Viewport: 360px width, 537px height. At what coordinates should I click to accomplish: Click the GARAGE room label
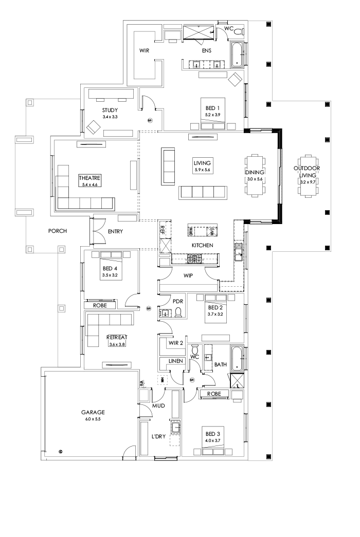(x=93, y=412)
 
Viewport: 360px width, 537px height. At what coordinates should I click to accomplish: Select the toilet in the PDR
(x=178, y=313)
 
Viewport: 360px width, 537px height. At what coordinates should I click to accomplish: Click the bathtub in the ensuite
(x=237, y=55)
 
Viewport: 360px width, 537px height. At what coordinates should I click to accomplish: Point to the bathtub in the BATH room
(x=237, y=358)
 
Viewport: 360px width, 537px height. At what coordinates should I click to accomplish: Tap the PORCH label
(x=58, y=231)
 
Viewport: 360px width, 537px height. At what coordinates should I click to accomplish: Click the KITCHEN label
(x=202, y=245)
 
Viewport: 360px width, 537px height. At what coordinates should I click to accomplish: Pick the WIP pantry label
(x=188, y=275)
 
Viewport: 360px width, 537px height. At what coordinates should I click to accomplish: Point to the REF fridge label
(x=163, y=229)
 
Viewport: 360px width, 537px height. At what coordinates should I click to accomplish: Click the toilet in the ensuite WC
(x=238, y=31)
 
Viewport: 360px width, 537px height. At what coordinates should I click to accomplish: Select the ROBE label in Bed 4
(x=100, y=305)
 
